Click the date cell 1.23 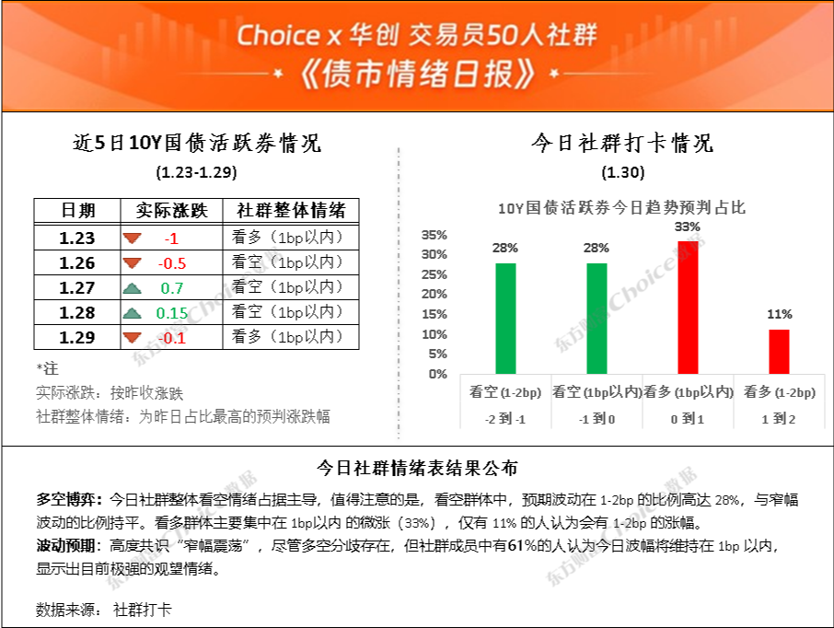(x=77, y=238)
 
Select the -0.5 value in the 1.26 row (x=172, y=263)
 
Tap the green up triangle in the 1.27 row (x=132, y=288)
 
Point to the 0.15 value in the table (x=172, y=313)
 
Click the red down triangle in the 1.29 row (x=132, y=337)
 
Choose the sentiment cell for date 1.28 (x=287, y=312)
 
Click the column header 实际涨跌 (x=171, y=210)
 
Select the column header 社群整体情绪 (x=291, y=210)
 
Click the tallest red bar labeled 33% (x=688, y=308)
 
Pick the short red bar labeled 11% (x=779, y=352)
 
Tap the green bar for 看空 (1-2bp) (x=505, y=319)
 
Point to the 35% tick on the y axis (x=434, y=235)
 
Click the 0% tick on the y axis (x=438, y=374)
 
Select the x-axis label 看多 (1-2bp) (x=779, y=392)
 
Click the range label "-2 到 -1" (x=505, y=419)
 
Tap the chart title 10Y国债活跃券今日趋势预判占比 (x=621, y=207)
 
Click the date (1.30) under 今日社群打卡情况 (x=623, y=172)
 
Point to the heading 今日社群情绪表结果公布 (x=417, y=469)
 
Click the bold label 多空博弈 (x=66, y=499)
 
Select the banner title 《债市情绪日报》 (x=416, y=74)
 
